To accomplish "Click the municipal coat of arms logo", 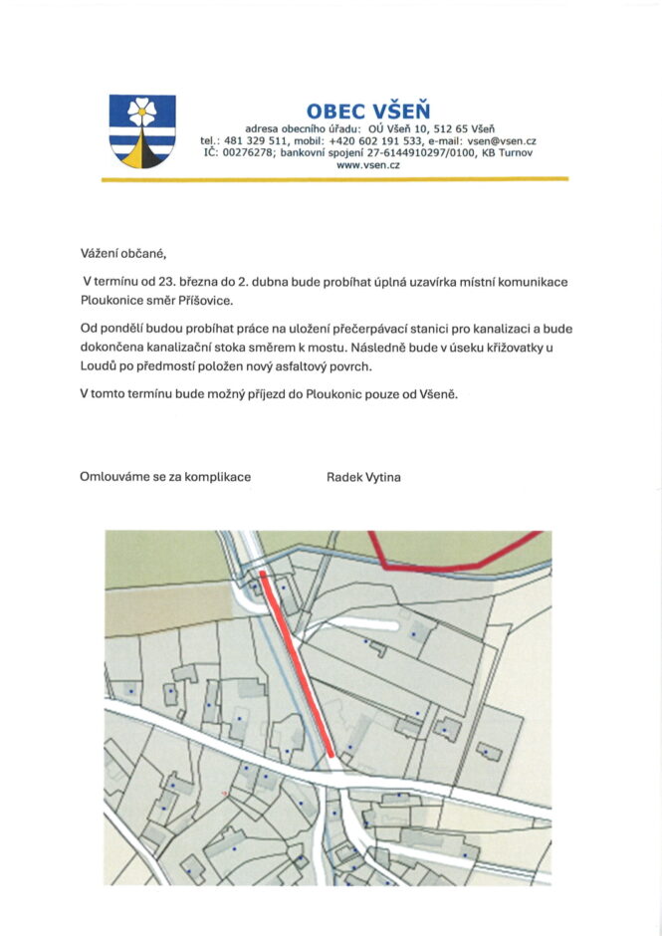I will click(142, 130).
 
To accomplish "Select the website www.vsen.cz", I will click(368, 165).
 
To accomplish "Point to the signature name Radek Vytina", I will click(363, 477).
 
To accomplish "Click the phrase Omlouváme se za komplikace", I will click(165, 477).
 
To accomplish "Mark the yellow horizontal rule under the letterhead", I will click(335, 179).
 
